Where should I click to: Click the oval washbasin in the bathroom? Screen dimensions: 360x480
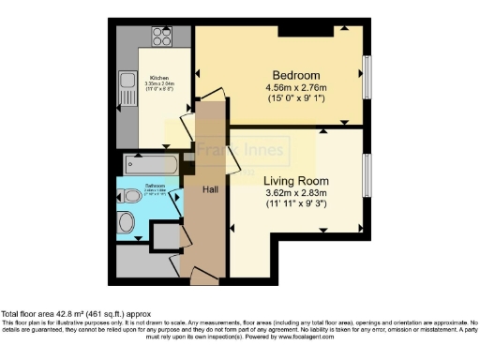[x=127, y=224]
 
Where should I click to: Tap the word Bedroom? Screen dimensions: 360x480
[x=296, y=75]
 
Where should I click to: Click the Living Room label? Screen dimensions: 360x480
[x=293, y=181]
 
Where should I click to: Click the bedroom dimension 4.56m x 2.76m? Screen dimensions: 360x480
[x=296, y=89]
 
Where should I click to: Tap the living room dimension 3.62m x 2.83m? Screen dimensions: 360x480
[x=293, y=194]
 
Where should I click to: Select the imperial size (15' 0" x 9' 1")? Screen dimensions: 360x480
[x=296, y=101]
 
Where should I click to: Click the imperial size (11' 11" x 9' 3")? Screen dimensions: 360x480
[x=293, y=206]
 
